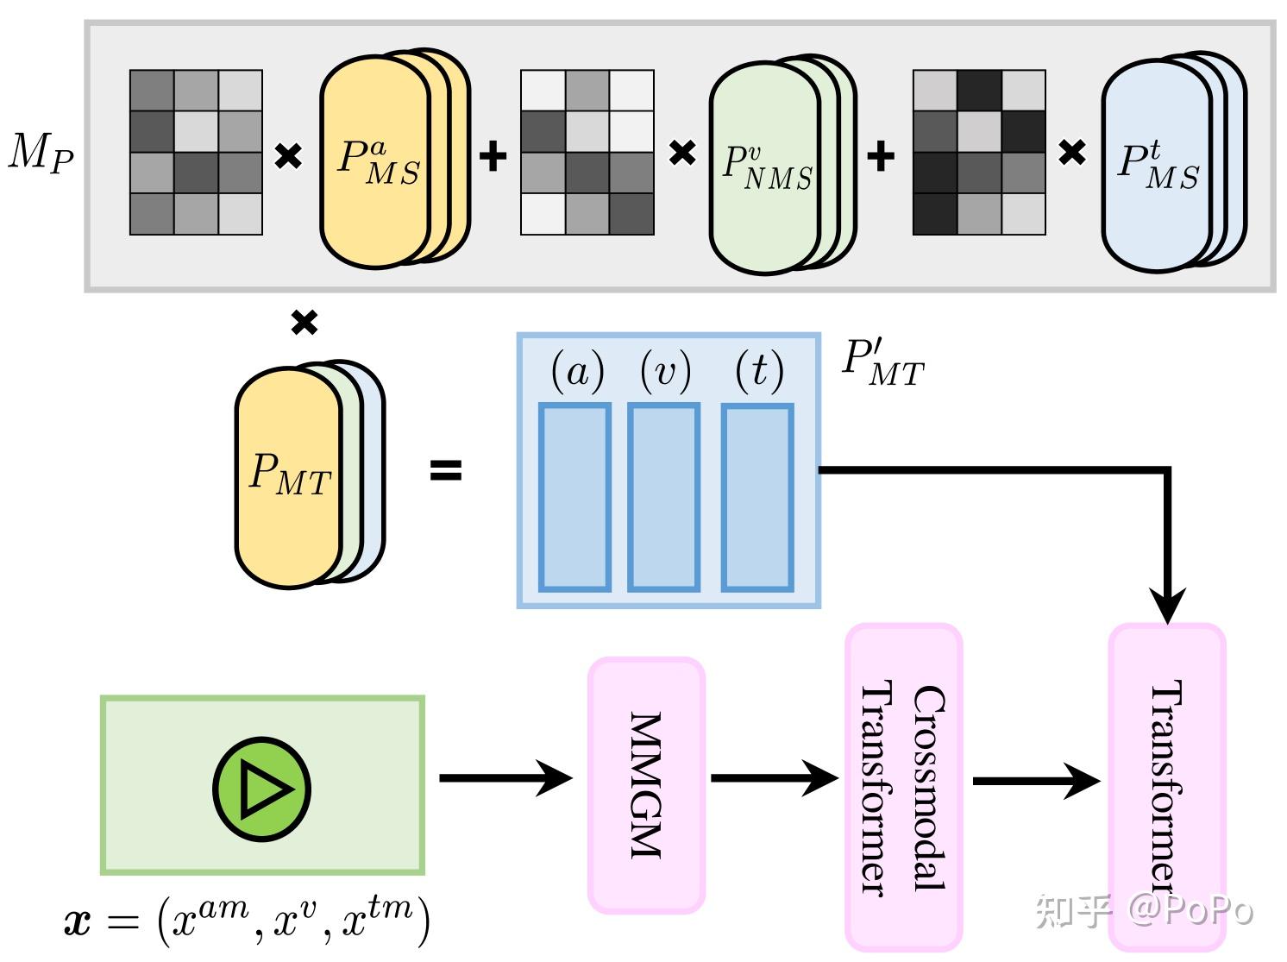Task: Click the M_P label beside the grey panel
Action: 41,153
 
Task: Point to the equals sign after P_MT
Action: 446,469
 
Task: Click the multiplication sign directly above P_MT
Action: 304,322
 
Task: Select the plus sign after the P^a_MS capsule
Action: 493,156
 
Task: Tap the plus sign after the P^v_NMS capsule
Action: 881,156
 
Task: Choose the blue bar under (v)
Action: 663,497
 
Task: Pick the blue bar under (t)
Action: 757,497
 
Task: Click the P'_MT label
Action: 883,363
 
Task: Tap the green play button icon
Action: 261,789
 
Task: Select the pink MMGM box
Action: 646,785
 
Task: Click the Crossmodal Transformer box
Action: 903,788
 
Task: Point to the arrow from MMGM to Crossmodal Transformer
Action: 775,778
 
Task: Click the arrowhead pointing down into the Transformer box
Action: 1167,607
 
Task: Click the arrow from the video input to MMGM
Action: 506,778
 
